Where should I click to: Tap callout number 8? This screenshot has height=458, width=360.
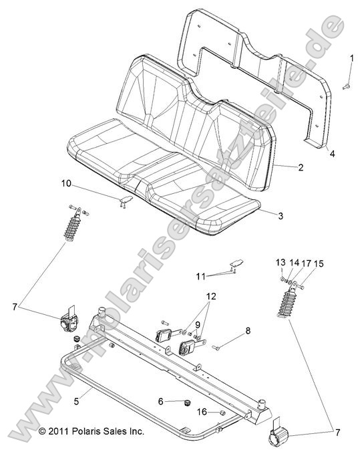coord(247,330)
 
